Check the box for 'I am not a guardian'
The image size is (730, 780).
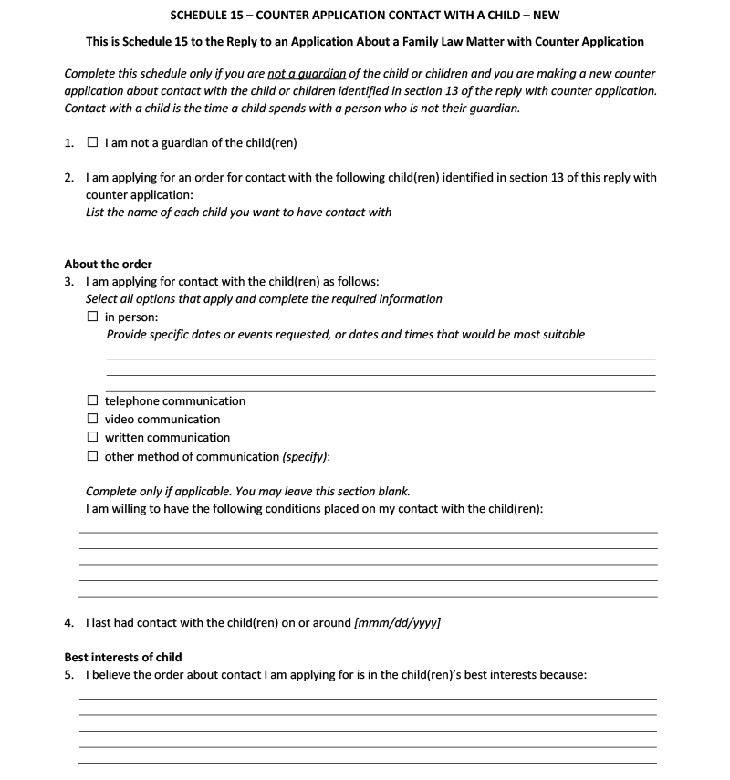[x=92, y=143]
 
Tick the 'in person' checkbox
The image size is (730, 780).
[x=92, y=317]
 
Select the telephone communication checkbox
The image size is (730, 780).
[x=92, y=400]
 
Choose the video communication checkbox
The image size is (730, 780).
[x=92, y=419]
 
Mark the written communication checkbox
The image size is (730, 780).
[x=92, y=437]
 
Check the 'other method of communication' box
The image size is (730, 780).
[x=92, y=456]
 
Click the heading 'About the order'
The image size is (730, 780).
[x=108, y=265]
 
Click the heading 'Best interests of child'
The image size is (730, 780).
[x=122, y=657]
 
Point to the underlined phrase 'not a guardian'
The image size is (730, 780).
[x=307, y=74]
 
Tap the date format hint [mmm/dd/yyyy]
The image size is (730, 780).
[x=397, y=623]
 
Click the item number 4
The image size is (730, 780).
[x=68, y=623]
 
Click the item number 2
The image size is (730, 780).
[x=68, y=178]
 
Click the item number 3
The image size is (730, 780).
[x=68, y=282]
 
